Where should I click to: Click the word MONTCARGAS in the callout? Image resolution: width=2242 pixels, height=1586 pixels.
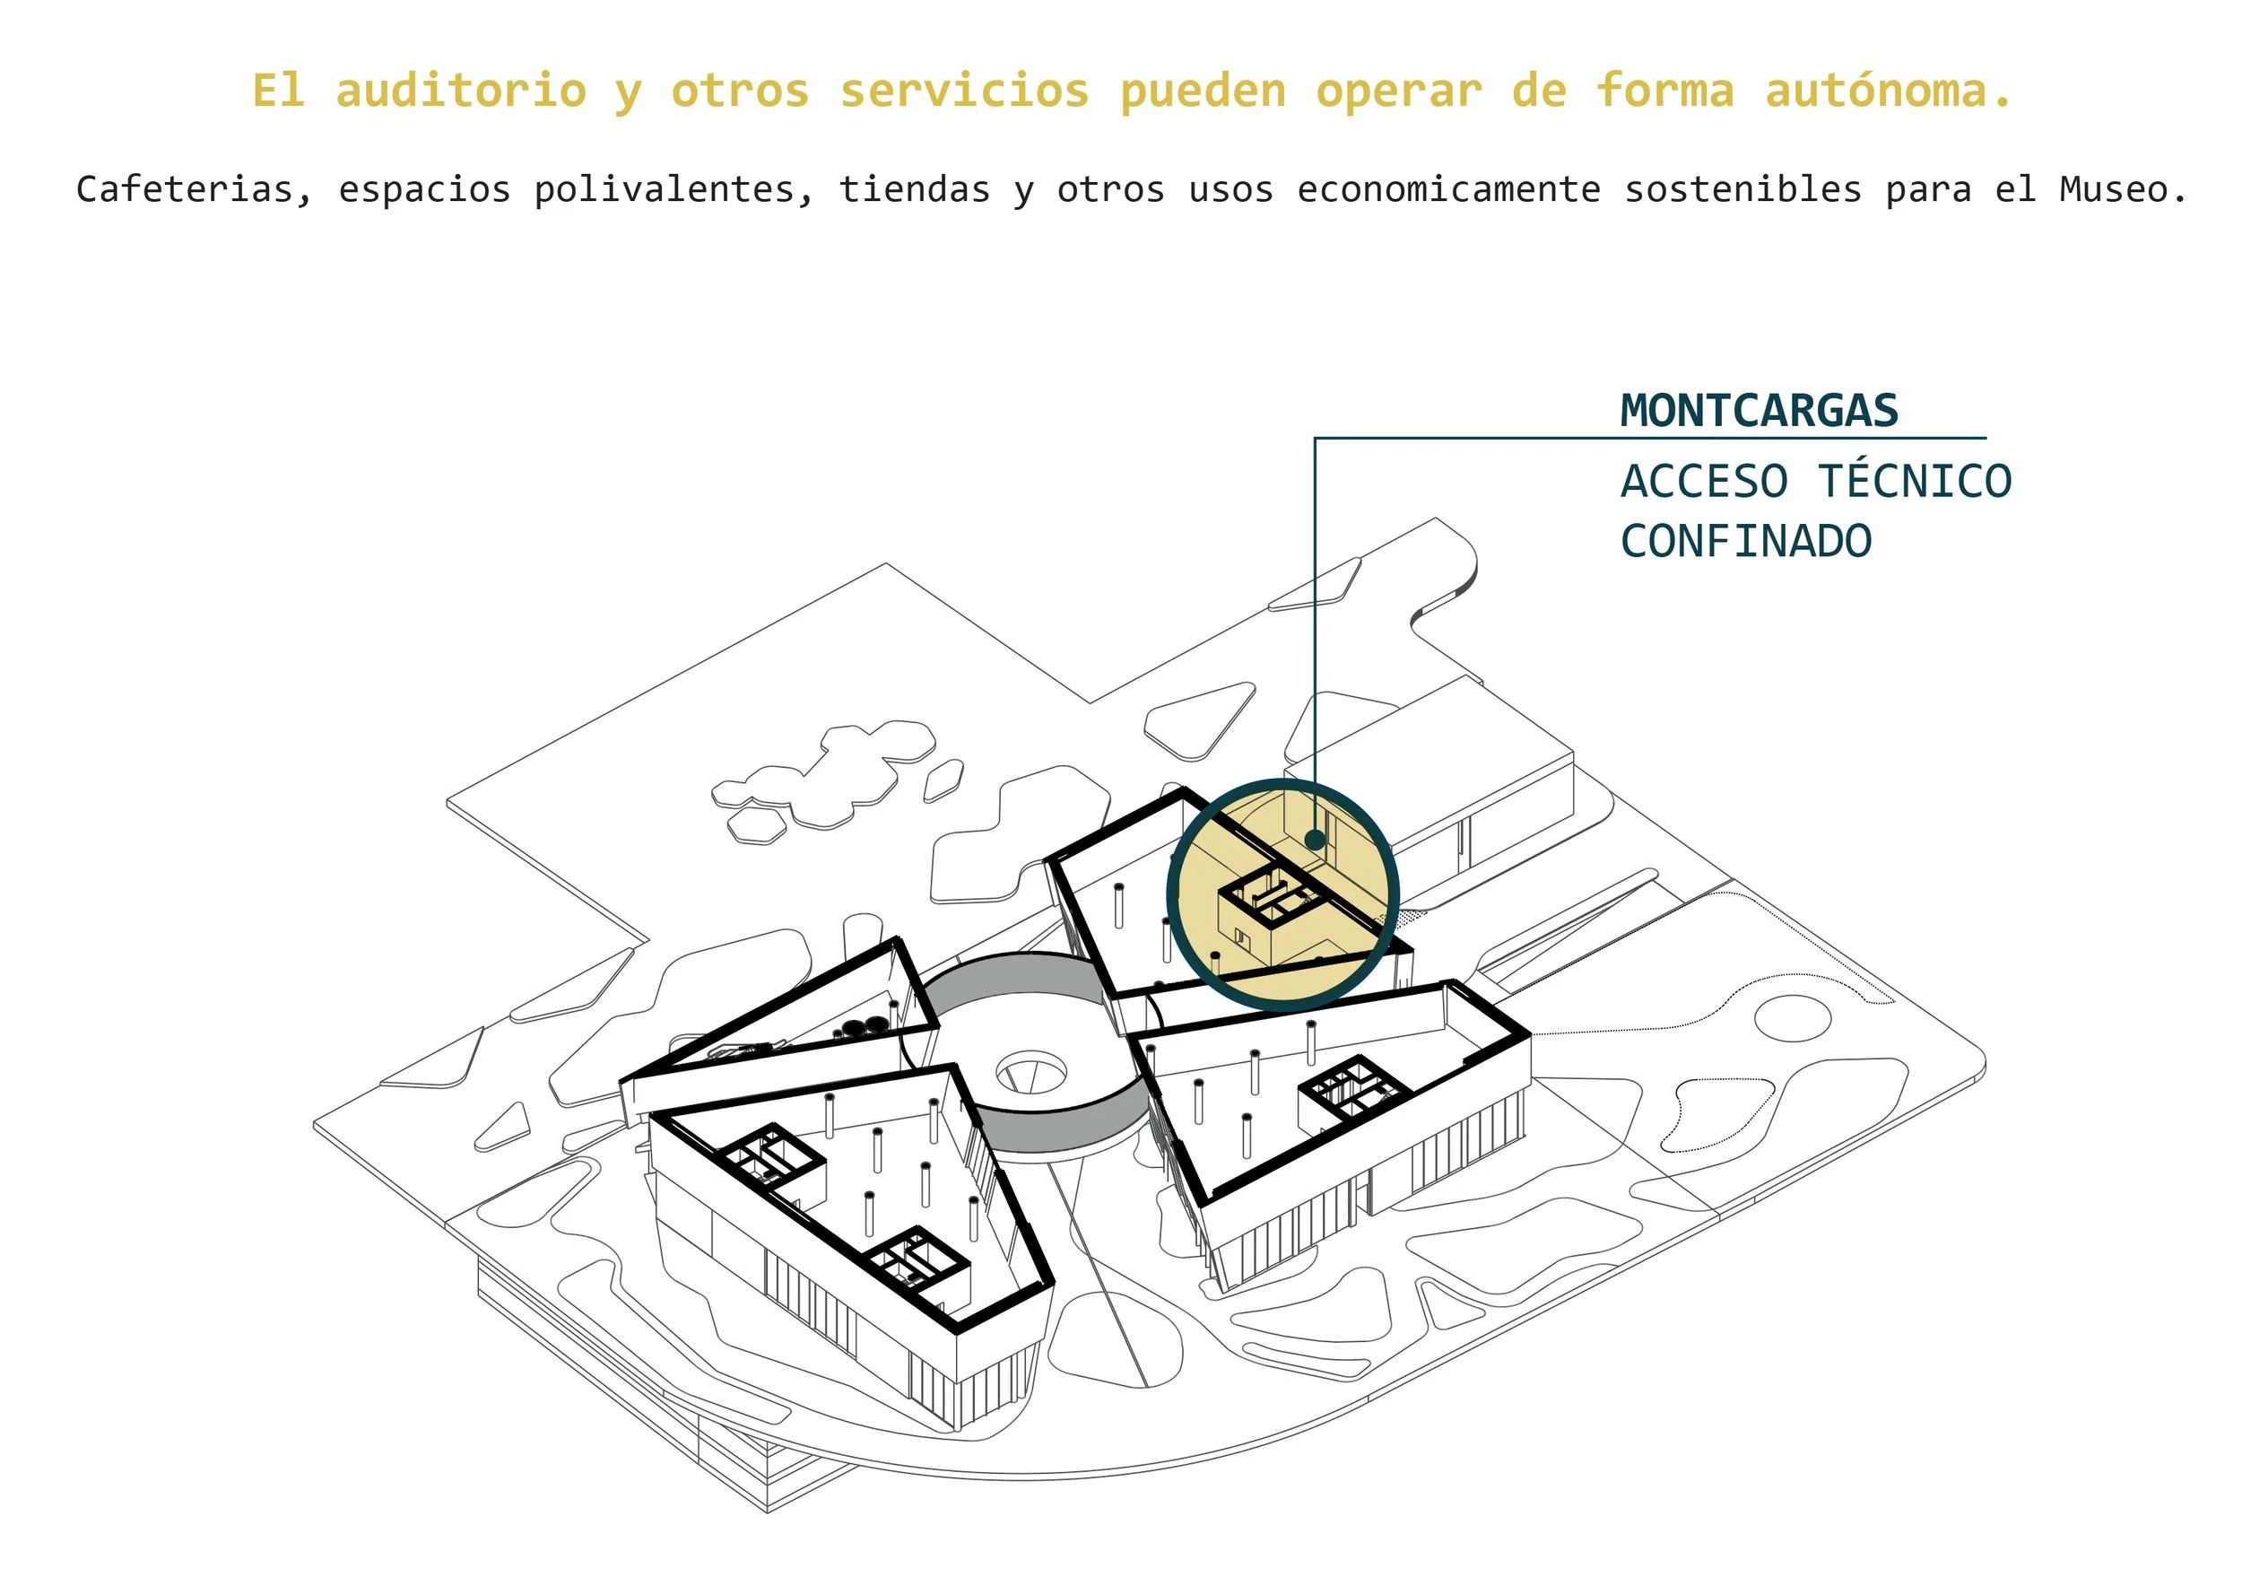point(1759,411)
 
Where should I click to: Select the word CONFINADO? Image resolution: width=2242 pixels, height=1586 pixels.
point(1746,542)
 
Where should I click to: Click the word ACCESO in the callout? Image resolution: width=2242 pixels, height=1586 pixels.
point(1704,482)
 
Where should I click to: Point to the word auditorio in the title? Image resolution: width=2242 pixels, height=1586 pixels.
point(461,91)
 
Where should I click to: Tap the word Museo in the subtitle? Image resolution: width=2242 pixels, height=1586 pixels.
point(2123,189)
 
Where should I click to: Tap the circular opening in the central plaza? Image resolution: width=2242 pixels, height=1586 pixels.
point(1031,1073)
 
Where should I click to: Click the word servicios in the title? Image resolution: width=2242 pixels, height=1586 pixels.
point(964,91)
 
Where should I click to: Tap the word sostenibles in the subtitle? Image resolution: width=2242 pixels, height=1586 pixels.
point(1743,189)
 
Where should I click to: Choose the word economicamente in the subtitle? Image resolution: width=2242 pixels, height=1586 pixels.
point(1449,189)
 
